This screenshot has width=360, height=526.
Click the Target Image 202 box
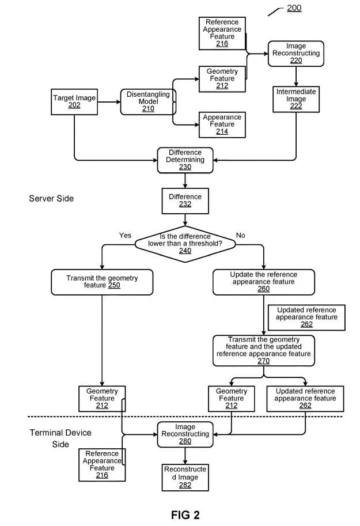point(74,101)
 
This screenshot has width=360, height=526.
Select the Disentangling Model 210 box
point(148,102)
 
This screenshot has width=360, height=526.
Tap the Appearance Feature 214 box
point(222,124)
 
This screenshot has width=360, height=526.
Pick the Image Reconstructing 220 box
point(296,54)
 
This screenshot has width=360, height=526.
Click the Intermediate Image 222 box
point(296,99)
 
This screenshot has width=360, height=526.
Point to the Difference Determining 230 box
point(185,160)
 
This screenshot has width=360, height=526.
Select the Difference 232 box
point(185,201)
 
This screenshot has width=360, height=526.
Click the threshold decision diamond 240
point(185,244)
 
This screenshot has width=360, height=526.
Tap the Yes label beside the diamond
point(125,236)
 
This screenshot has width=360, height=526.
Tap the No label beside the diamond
point(241,236)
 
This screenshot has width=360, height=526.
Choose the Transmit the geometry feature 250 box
point(102,282)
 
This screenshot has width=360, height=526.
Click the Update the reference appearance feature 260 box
point(264,282)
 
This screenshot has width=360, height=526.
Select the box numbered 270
point(264,350)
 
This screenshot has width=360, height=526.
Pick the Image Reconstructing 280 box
point(185,434)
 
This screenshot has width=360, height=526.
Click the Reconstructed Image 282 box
point(185,478)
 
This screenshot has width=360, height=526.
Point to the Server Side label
point(51,198)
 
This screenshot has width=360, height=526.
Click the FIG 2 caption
point(185,515)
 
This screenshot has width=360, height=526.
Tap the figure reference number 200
point(294,7)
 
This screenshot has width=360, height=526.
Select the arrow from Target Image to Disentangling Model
point(109,102)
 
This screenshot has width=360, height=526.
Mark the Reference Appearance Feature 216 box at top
point(222,33)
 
